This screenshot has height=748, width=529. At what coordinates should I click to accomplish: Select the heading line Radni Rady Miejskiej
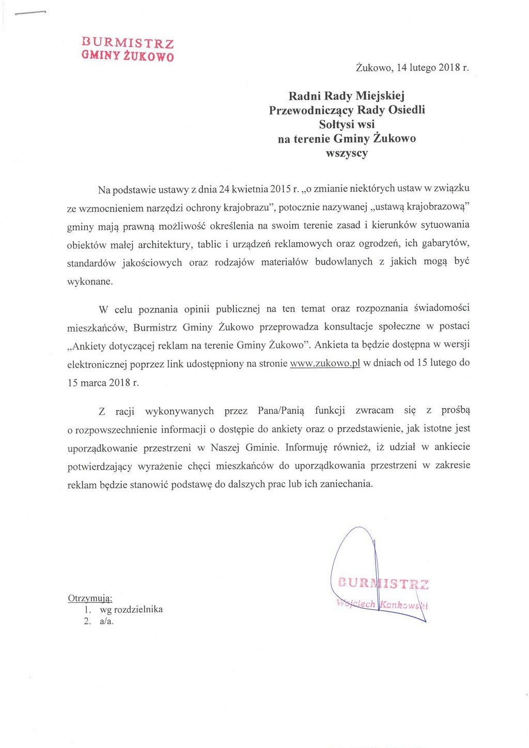[x=346, y=96]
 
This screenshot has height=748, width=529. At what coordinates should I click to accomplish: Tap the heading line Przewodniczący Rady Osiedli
[x=347, y=110]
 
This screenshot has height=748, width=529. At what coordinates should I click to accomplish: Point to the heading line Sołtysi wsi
[x=347, y=124]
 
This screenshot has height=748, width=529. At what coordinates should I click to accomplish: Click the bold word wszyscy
[x=347, y=153]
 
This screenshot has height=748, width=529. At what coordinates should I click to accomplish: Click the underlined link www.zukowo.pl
[x=325, y=363]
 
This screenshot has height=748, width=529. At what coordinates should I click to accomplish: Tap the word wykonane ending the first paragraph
[x=89, y=282]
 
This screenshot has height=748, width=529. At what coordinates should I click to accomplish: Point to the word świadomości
[x=442, y=308]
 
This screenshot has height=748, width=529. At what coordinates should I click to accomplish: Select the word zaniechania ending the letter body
[x=346, y=485]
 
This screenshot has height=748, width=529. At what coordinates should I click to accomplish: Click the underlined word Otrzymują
[x=90, y=598]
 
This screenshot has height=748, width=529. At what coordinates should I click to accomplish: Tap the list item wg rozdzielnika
[x=131, y=610]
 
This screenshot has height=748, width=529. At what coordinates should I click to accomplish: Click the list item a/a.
[x=106, y=621]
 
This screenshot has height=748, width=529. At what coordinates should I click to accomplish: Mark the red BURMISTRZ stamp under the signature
[x=383, y=584]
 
